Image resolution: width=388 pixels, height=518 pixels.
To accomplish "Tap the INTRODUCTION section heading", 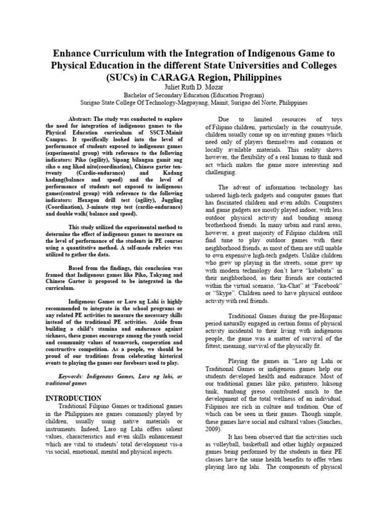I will (x=73, y=399).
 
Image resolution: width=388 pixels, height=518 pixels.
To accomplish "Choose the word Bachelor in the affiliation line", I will (x=137, y=95).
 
